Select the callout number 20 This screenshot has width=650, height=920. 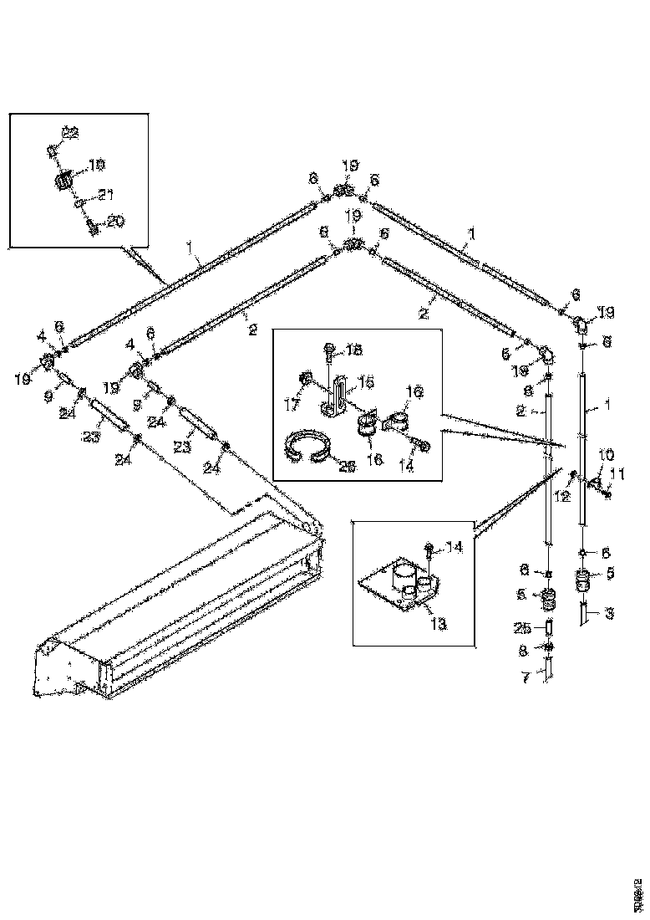[x=114, y=222]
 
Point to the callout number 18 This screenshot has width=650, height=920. [x=354, y=350]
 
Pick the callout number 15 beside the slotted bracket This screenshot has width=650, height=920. [x=366, y=381]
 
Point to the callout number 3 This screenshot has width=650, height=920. [x=609, y=615]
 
